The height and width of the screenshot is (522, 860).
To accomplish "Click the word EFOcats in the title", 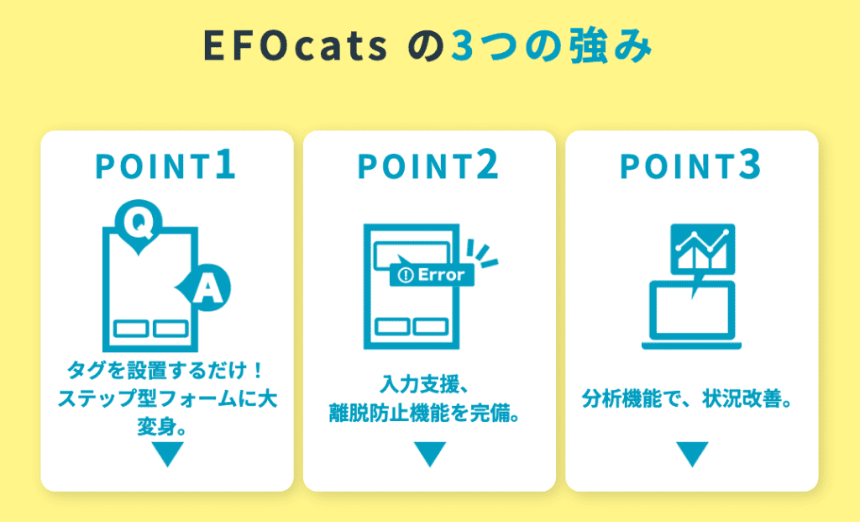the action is pos(296,46).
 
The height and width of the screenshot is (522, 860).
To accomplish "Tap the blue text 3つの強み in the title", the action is pos(552,45).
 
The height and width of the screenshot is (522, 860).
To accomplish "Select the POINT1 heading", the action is pos(165,165).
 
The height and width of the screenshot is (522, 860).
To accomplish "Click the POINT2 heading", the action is pos(428,165).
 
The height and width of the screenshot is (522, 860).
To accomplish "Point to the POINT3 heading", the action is pos(690,165).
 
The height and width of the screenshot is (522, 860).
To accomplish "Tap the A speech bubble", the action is pos(205,287).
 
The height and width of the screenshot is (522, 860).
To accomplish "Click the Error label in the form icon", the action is pos(432,274).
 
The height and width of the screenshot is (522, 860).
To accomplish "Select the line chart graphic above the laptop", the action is pos(703,249).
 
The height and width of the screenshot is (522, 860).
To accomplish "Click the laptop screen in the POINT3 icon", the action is pos(692,311).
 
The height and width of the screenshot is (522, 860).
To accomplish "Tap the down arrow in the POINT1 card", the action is pos(167,454).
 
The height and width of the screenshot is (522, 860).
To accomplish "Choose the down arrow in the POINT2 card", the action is pos(429,454).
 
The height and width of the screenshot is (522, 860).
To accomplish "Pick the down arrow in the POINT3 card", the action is pos(692,454).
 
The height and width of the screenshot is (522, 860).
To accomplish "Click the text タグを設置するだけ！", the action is pos(166,370).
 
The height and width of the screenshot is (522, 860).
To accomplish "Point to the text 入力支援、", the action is pos(424,384).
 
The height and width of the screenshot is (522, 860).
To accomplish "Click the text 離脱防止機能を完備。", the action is pos(424,413).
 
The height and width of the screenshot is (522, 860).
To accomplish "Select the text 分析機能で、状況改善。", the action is pos(688,398).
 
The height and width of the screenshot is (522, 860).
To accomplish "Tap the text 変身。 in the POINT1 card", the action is pos(162,426).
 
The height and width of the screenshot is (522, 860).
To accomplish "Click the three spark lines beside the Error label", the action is pos(481,253).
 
